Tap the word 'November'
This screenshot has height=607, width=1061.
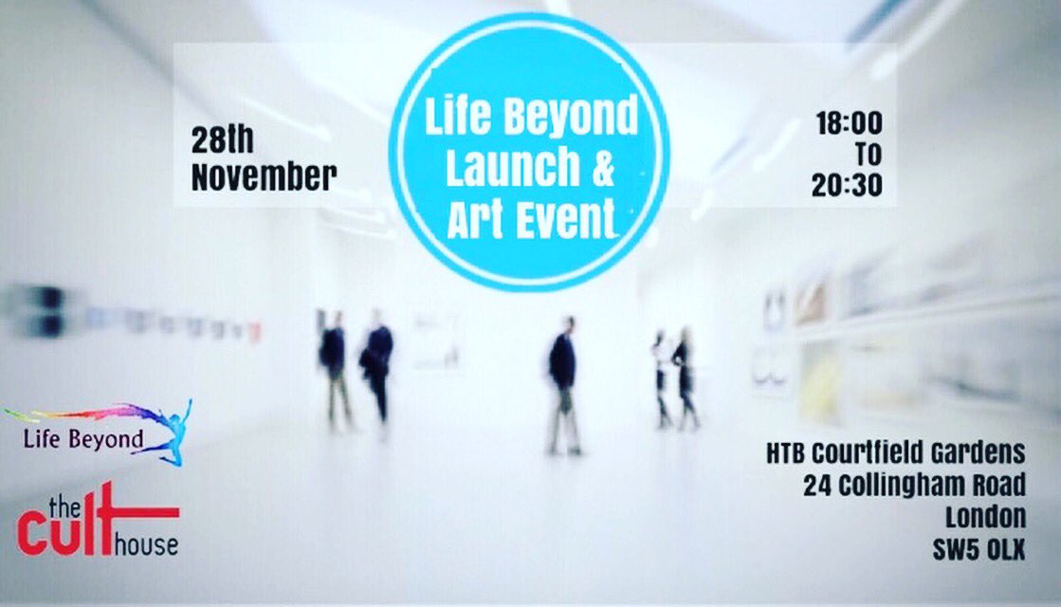(264, 176)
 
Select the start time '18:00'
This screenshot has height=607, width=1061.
(849, 122)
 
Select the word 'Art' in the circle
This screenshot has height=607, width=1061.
(478, 221)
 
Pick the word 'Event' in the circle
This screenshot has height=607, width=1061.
(568, 221)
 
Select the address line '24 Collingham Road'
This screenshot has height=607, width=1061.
(914, 486)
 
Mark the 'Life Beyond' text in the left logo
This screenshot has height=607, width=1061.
(84, 440)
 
